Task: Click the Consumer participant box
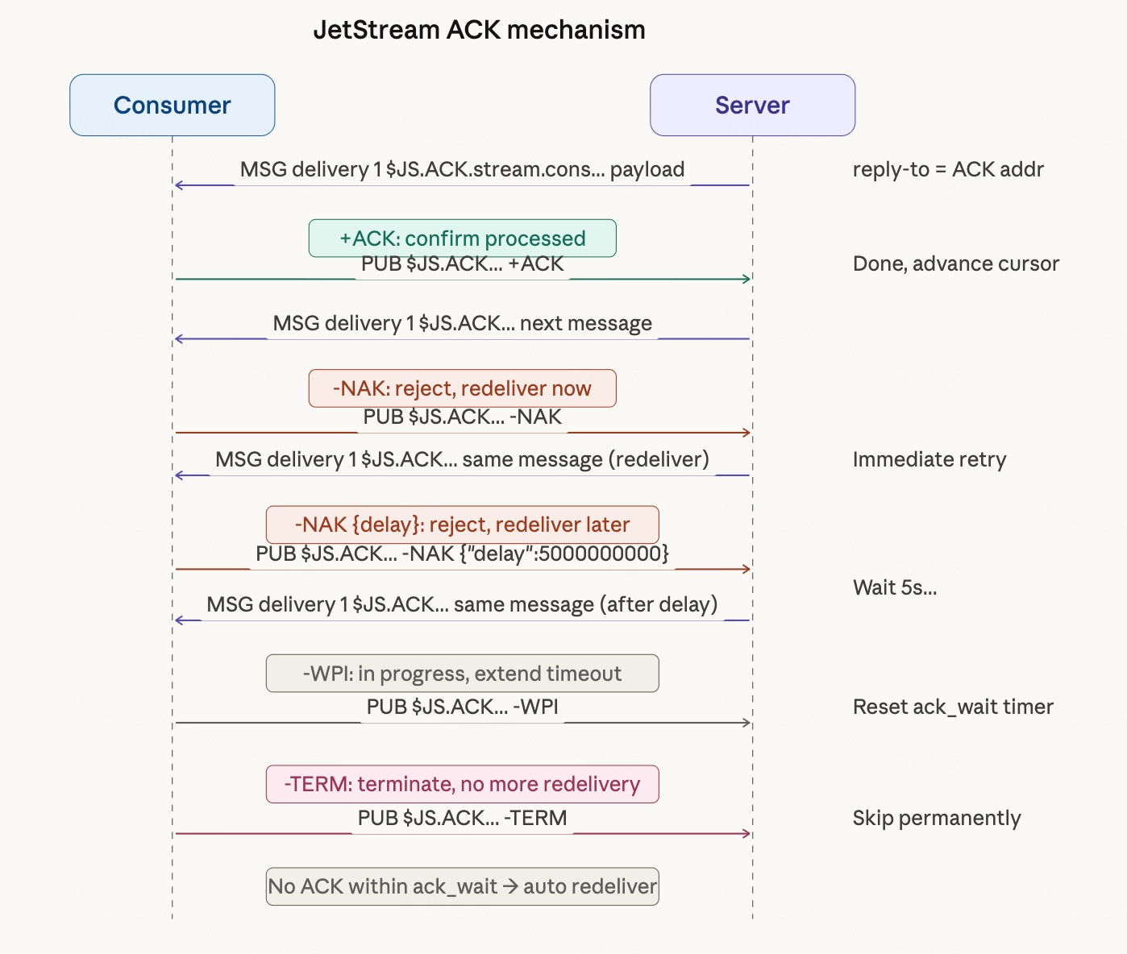[x=172, y=106]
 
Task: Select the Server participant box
[x=752, y=106]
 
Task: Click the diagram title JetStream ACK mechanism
[x=479, y=31]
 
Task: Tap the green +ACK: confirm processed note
[x=462, y=238]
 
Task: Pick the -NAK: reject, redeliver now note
[x=462, y=388]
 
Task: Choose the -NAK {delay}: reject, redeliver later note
[x=462, y=525]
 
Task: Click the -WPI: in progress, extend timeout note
[x=462, y=674]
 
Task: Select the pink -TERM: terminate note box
[x=462, y=784]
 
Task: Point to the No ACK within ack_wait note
[x=462, y=886]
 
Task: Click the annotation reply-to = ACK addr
[x=948, y=170]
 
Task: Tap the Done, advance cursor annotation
[x=955, y=264]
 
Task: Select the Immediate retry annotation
[x=929, y=460]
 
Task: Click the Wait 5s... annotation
[x=895, y=587]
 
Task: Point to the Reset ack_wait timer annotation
[x=953, y=707]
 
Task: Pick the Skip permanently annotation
[x=937, y=819]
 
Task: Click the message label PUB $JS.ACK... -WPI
[x=462, y=707]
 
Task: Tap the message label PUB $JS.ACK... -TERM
[x=462, y=819]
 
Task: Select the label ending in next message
[x=462, y=324]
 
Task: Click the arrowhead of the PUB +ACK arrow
[x=746, y=279]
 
